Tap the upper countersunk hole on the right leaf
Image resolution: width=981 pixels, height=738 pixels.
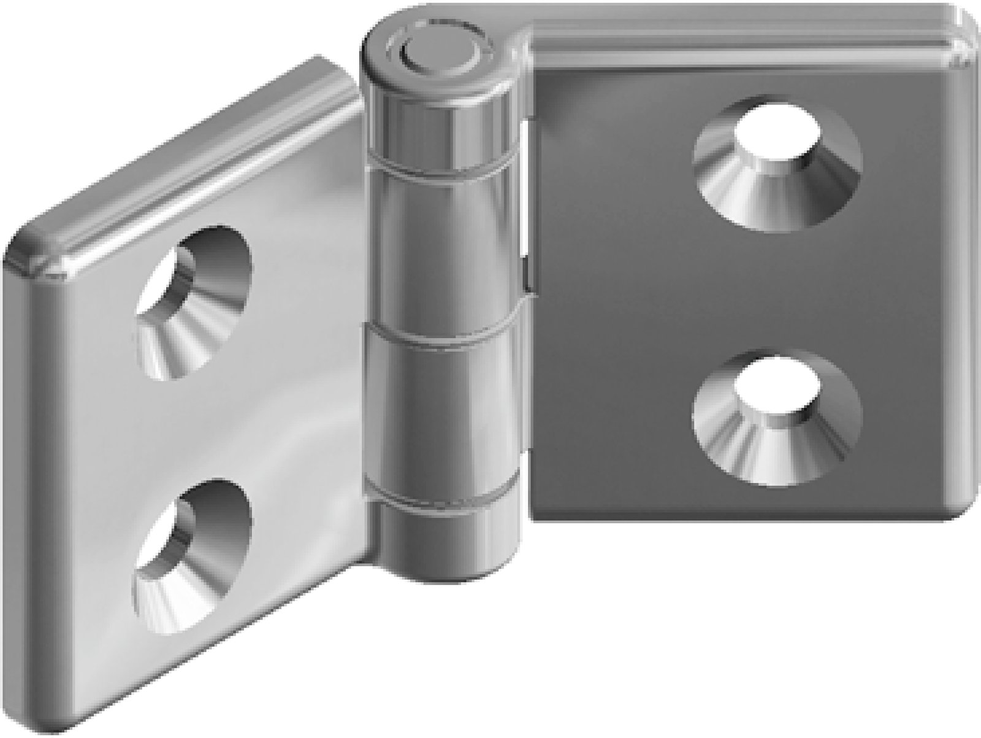(x=777, y=163)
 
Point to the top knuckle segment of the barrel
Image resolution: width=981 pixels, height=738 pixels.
(x=439, y=117)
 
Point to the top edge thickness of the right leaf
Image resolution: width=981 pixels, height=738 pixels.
(x=736, y=31)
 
